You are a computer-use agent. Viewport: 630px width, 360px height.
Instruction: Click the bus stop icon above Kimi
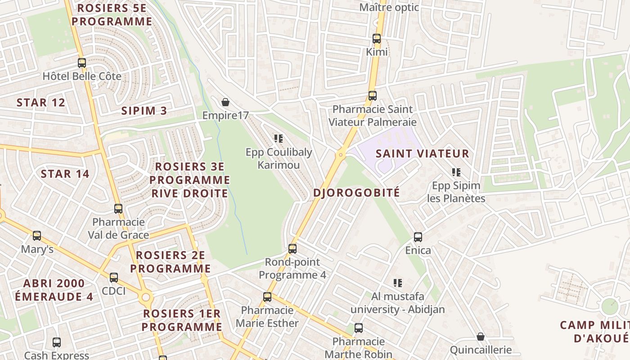point(377,39)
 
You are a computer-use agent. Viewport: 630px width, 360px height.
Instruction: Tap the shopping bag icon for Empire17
point(225,102)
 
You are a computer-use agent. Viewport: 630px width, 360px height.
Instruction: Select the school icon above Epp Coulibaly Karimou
point(278,139)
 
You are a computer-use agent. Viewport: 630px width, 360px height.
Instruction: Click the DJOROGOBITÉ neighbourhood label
point(356,193)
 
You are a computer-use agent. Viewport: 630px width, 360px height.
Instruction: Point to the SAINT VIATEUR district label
point(422,153)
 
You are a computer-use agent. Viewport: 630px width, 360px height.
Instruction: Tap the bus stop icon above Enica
point(418,237)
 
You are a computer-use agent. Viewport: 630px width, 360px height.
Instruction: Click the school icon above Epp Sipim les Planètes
point(456,172)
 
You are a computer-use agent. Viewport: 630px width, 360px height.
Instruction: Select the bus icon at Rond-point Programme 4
point(292,248)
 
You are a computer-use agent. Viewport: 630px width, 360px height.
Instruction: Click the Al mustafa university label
point(397,303)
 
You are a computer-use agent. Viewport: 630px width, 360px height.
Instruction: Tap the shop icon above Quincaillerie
point(481,336)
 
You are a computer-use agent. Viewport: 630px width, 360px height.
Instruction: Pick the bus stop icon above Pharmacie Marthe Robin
point(359,328)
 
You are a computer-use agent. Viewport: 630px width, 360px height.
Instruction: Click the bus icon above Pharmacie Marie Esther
point(267,297)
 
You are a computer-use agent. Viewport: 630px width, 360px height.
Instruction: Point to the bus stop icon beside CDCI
point(114,277)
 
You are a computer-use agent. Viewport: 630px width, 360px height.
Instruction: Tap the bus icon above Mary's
point(37,235)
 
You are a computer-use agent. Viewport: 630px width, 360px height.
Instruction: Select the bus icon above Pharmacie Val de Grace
point(118,208)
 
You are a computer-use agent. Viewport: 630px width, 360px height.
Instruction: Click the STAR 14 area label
point(65,174)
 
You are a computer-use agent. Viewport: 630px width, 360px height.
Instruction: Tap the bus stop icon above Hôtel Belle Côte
point(81,63)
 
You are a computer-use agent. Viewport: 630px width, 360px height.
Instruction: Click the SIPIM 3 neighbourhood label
point(144,111)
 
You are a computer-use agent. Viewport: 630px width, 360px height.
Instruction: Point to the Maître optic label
point(389,7)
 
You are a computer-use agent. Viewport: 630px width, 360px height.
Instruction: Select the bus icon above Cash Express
point(57,342)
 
